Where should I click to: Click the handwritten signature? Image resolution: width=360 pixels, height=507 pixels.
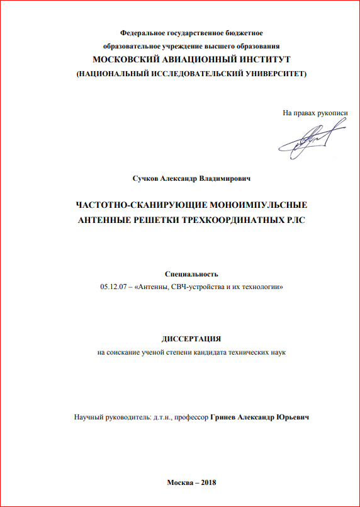click(x=311, y=140)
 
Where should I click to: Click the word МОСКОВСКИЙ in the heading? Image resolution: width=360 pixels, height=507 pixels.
click(x=125, y=60)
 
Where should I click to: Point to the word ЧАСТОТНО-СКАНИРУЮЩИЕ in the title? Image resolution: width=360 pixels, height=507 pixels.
click(x=134, y=206)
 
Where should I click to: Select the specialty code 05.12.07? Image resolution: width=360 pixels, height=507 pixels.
click(x=114, y=287)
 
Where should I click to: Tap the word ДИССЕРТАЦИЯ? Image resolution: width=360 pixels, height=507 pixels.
click(x=191, y=339)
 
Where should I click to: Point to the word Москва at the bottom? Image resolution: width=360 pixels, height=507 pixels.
click(x=179, y=482)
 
